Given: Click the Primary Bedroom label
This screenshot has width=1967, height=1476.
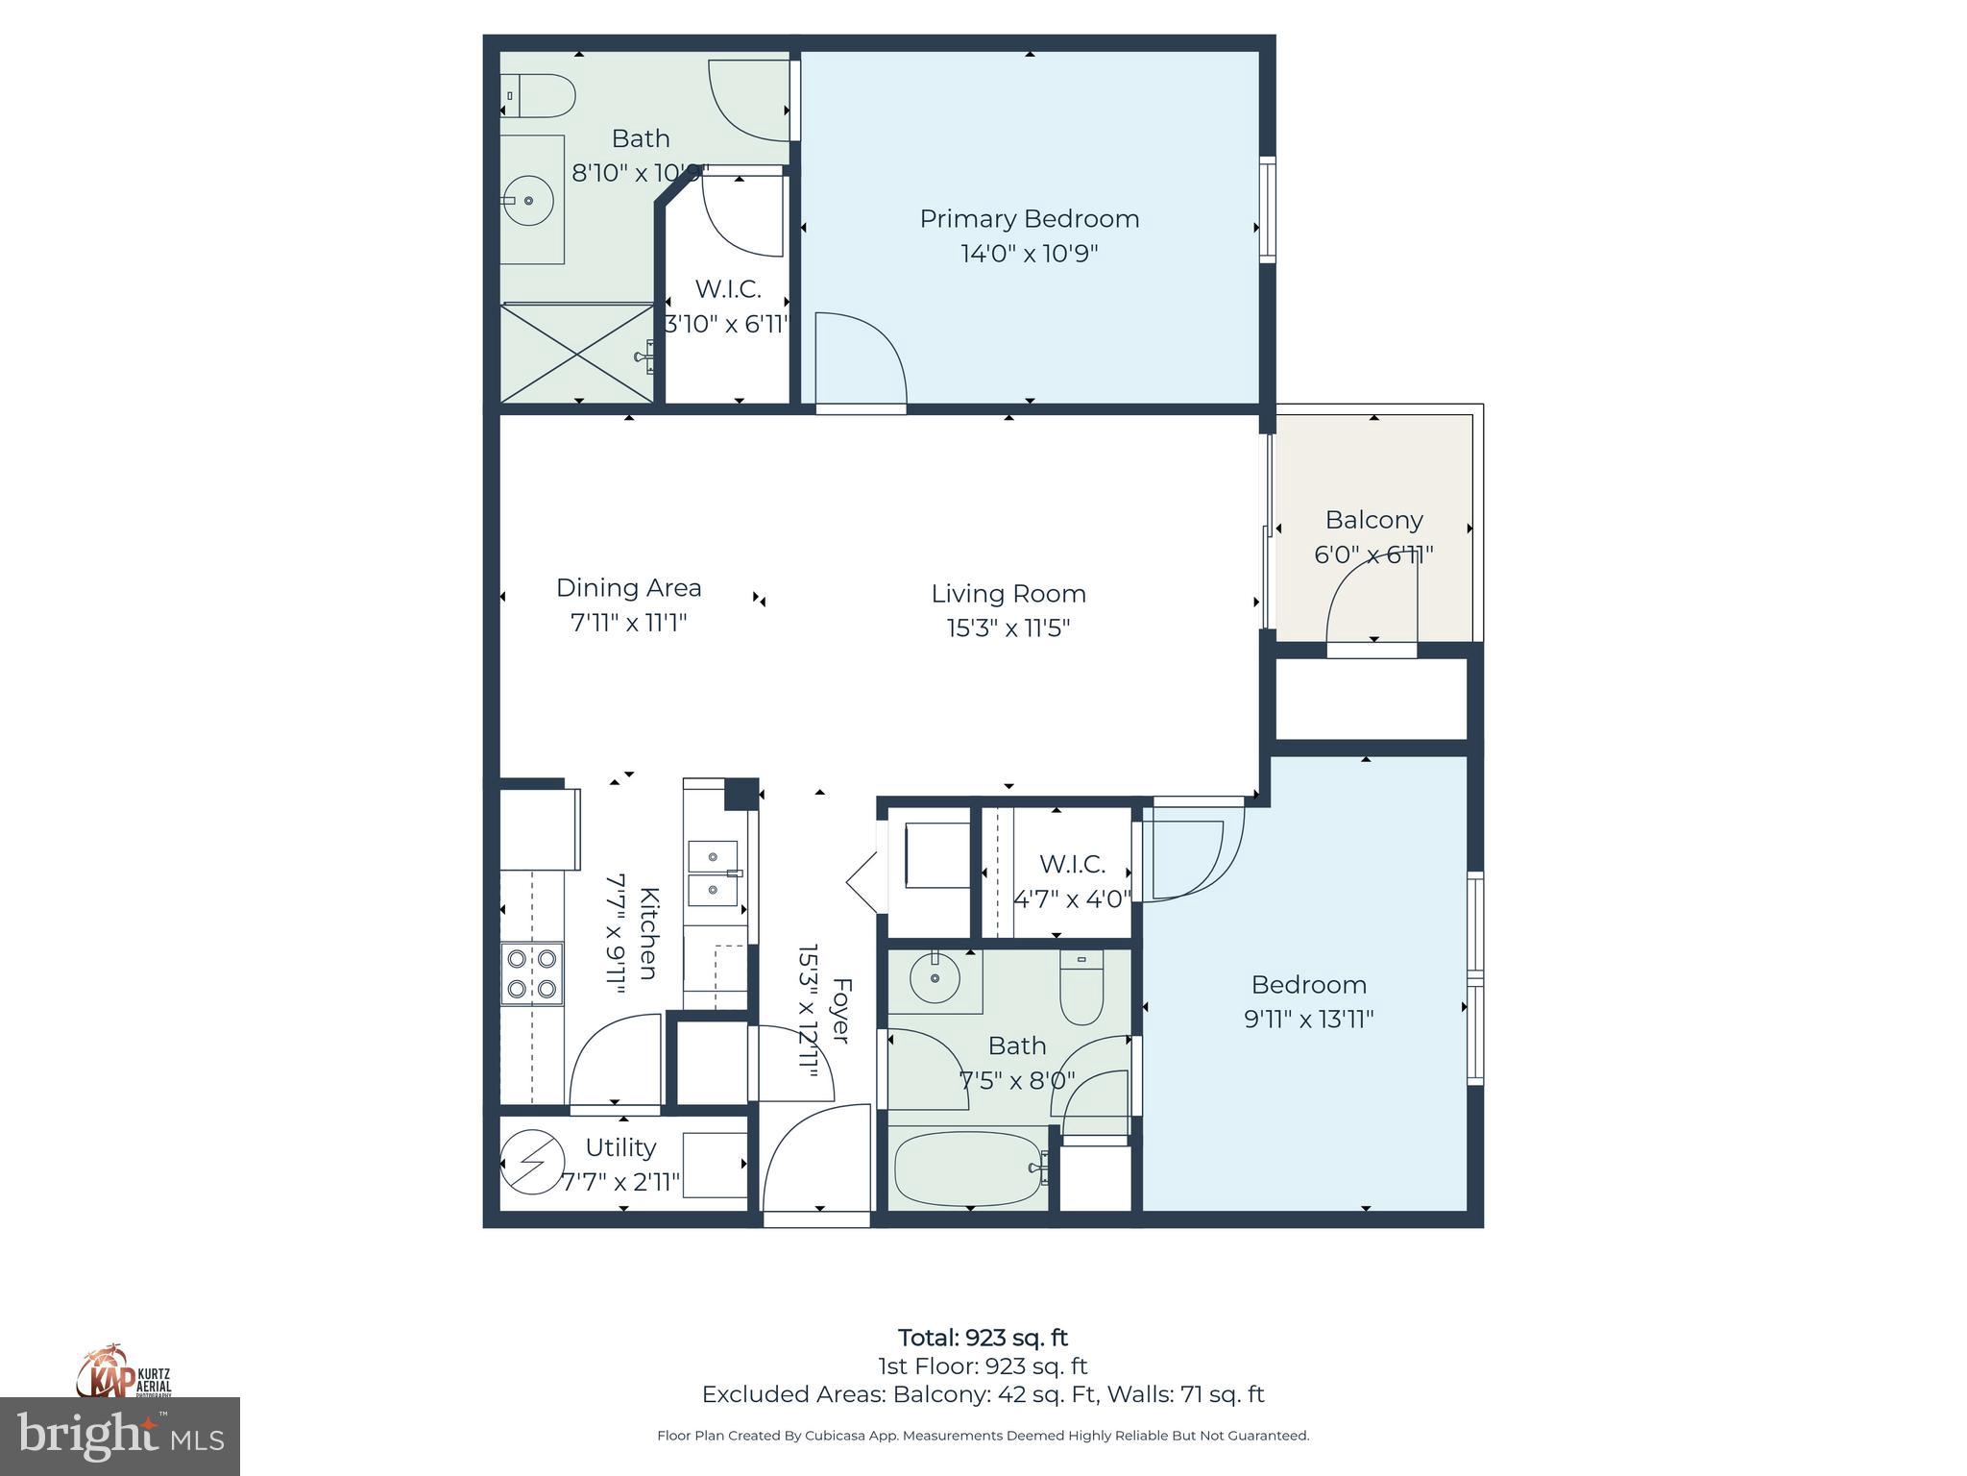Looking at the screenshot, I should pyautogui.click(x=1029, y=219).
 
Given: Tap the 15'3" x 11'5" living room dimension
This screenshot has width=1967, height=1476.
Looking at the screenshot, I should pyautogui.click(x=1008, y=628).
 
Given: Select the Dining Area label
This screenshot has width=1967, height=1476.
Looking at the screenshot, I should pyautogui.click(x=628, y=587).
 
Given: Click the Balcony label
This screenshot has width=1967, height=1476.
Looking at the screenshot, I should pyautogui.click(x=1373, y=520).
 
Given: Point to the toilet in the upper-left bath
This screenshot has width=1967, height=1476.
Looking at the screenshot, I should pyautogui.click(x=539, y=96).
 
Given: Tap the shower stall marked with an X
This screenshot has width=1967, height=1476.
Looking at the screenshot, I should pyautogui.click(x=577, y=353).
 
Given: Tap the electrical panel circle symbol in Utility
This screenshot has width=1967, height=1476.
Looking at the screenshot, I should pyautogui.click(x=532, y=1164).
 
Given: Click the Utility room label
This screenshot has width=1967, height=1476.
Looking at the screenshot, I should pyautogui.click(x=620, y=1147).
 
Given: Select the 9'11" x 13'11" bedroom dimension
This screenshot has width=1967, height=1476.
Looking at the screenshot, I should pyautogui.click(x=1308, y=1019).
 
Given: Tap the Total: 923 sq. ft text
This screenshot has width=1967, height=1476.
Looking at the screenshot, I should pyautogui.click(x=983, y=1338).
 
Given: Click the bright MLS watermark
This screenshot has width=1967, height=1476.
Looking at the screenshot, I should pyautogui.click(x=120, y=1436).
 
